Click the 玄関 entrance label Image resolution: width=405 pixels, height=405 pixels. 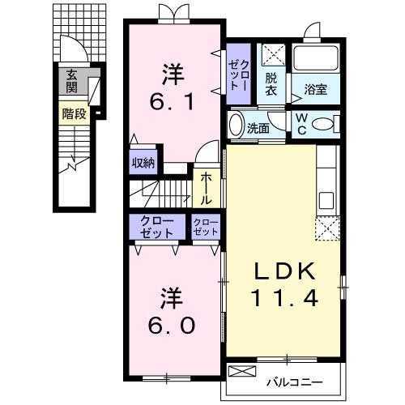72,81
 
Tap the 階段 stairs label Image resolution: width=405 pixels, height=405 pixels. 75,113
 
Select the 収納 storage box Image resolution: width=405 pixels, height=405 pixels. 143,162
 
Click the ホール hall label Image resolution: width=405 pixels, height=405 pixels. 206,189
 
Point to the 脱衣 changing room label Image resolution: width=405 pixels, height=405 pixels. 271,84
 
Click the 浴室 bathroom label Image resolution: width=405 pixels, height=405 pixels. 316,89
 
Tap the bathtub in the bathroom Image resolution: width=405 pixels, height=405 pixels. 316,58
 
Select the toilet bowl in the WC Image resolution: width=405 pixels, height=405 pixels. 322,125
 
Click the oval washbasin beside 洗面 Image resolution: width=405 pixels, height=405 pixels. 236,125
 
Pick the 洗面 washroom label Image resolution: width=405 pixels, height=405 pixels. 258,129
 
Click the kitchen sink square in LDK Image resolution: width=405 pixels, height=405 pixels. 326,200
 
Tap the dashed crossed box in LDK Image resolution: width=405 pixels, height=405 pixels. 327,228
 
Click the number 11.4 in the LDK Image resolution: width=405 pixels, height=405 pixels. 285,297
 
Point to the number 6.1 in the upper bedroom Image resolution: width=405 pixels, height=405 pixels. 172,102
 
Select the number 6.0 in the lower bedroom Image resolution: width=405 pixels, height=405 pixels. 172,325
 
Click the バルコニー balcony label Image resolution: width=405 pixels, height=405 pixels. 294,382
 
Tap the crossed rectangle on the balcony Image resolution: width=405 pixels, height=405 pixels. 242,371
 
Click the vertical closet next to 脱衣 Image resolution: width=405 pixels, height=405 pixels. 239,74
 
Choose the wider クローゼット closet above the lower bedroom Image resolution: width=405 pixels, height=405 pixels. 157,227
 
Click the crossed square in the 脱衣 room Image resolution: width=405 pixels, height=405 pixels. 274,55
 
